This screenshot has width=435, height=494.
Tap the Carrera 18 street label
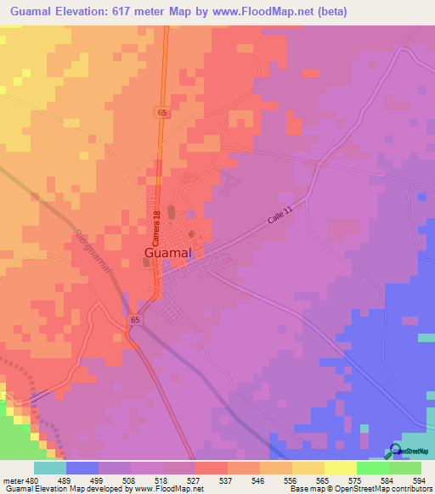point(158,223)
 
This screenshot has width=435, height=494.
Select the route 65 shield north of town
point(161,112)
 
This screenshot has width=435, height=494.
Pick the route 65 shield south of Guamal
point(136,320)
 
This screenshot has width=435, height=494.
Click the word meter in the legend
point(14,480)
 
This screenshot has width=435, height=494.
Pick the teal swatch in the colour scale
point(49,468)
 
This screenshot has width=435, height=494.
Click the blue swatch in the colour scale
point(82,468)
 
